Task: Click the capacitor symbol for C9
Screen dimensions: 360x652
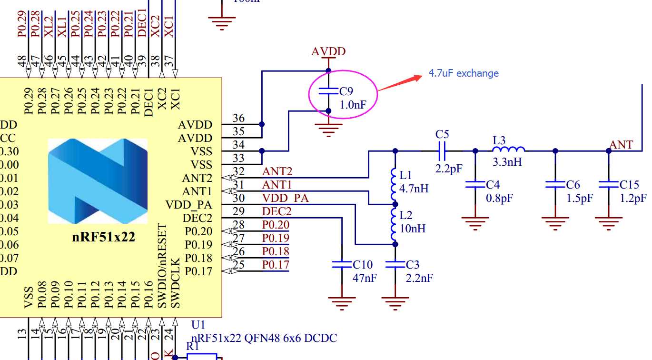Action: [x=328, y=90]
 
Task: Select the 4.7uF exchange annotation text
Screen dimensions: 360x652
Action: [x=463, y=73]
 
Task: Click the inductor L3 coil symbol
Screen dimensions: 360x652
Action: [x=508, y=149]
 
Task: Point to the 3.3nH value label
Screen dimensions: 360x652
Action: [x=507, y=162]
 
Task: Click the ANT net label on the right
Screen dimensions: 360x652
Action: [x=622, y=145]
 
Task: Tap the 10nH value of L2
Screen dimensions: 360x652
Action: [x=413, y=229]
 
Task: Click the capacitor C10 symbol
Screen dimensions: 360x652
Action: [x=342, y=264]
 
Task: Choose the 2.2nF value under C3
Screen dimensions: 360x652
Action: [x=419, y=278]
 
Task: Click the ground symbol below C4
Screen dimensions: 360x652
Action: [x=475, y=222]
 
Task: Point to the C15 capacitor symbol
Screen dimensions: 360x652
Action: [x=609, y=184]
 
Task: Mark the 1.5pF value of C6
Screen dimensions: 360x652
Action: [x=580, y=198]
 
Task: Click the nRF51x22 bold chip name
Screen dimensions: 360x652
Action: [x=103, y=237]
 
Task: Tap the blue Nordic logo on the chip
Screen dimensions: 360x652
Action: [x=98, y=181]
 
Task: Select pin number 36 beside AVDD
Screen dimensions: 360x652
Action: [x=238, y=118]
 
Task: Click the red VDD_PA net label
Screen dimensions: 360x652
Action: [x=285, y=198]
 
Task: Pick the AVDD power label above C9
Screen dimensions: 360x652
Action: [x=328, y=51]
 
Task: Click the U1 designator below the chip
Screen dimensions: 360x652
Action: [x=198, y=325]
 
